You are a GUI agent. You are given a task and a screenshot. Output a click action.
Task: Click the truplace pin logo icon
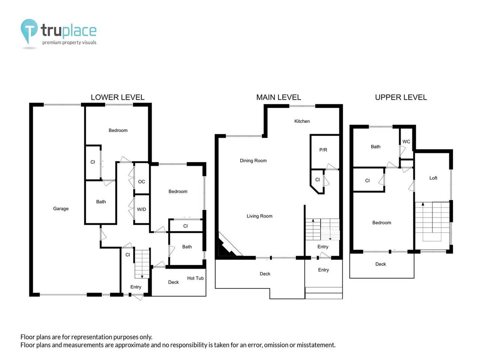click(x=29, y=31)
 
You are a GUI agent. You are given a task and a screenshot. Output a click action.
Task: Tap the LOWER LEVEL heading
click(x=117, y=97)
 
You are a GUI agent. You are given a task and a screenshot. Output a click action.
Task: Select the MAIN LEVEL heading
click(x=278, y=97)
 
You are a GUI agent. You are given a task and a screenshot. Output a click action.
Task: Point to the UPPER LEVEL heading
click(x=401, y=97)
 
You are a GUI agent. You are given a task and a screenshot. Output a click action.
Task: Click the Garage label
click(x=61, y=208)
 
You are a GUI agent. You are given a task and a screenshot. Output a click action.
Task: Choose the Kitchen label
click(x=302, y=121)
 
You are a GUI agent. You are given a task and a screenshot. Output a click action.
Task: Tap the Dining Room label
click(x=253, y=160)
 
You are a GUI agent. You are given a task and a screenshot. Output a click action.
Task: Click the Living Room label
click(x=259, y=216)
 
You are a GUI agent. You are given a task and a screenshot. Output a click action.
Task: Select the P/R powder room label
click(x=323, y=150)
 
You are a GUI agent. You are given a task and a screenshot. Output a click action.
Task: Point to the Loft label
click(x=433, y=178)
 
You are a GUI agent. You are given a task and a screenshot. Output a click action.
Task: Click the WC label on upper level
click(x=406, y=141)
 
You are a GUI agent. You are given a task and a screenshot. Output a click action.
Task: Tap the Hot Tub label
click(x=195, y=278)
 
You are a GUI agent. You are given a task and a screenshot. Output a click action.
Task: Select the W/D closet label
click(x=141, y=209)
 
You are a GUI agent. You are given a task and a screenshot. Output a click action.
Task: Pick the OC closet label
click(x=141, y=181)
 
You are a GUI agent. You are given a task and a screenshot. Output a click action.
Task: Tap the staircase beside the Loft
click(x=432, y=221)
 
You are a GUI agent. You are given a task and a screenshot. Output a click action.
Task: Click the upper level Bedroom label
click(x=381, y=223)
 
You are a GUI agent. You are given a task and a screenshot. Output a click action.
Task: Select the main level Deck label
click(x=265, y=274)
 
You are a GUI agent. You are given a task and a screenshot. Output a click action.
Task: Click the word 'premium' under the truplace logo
click(x=51, y=42)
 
